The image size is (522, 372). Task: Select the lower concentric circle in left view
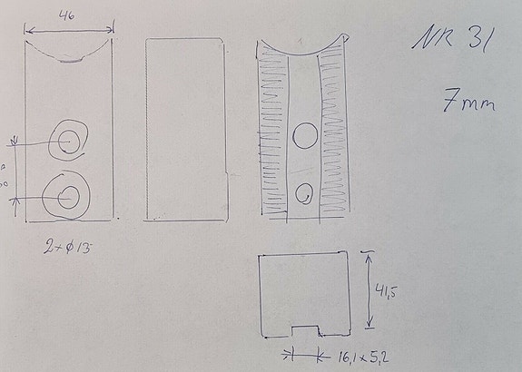coord(66,194)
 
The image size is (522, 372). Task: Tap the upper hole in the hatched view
coord(304,136)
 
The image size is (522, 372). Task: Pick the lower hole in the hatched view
coord(305,192)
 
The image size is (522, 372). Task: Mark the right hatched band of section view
coord(333,136)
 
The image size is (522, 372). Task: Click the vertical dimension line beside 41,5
coord(369,290)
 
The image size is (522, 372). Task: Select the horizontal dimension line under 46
coord(69,30)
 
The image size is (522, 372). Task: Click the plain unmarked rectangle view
coord(185,127)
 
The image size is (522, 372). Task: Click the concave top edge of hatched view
coord(304,50)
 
